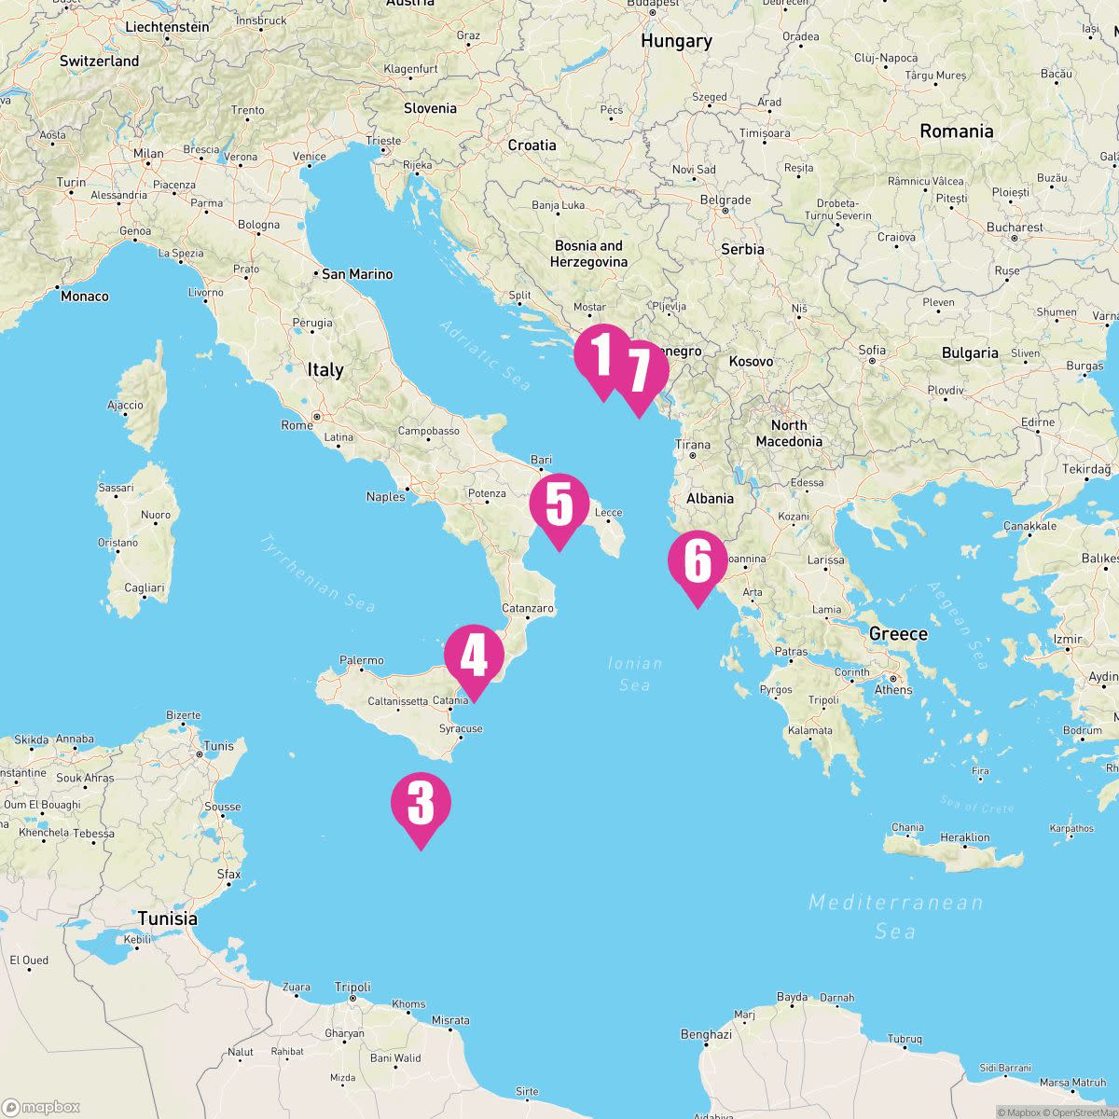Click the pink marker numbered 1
(602, 355)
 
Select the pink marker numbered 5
(559, 504)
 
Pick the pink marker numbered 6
(697, 561)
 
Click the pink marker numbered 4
(474, 655)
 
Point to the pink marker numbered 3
(421, 803)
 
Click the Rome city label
(297, 425)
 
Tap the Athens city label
(893, 690)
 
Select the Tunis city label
(218, 746)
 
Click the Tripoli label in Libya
(352, 987)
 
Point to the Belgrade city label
(725, 200)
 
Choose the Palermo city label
(362, 660)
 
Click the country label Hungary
(676, 41)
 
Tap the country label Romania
(956, 131)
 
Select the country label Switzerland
(99, 62)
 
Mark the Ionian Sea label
(635, 674)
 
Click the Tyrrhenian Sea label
(317, 573)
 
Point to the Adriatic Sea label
(484, 355)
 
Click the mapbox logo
(41, 1107)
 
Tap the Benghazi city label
(706, 1034)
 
